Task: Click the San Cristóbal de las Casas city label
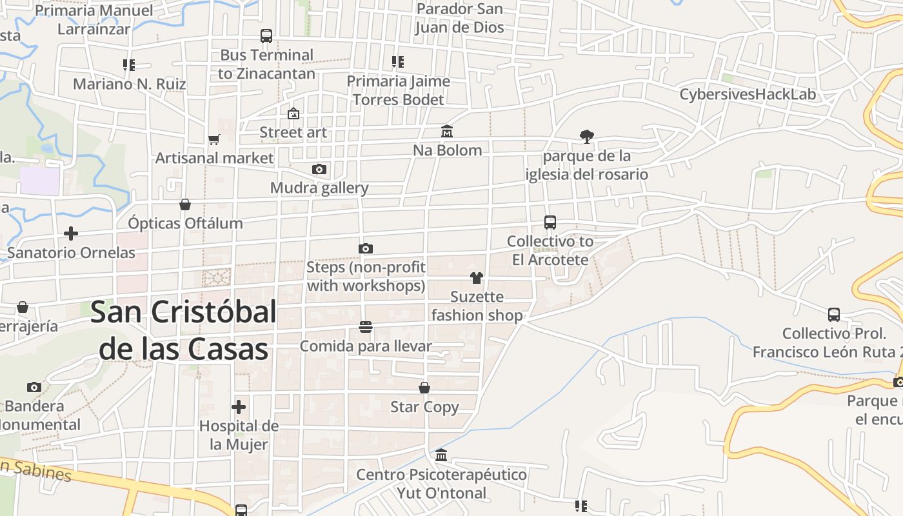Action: tap(184, 330)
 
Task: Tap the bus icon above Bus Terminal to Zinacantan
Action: tap(266, 36)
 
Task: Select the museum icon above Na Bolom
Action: tap(446, 132)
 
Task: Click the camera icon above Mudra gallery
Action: tap(319, 170)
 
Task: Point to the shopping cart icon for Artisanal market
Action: tap(214, 139)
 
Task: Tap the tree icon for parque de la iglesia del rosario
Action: tap(586, 137)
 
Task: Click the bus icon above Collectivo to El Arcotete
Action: tap(550, 223)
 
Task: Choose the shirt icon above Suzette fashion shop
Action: tap(477, 278)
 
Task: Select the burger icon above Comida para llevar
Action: tap(366, 328)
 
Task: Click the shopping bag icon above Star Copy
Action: tap(424, 388)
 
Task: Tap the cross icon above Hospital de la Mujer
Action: tap(239, 407)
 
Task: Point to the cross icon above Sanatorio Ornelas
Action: tap(71, 233)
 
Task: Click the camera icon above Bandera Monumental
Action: tap(34, 388)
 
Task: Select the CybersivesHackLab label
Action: tap(748, 94)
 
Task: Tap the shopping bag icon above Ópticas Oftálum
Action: tap(185, 204)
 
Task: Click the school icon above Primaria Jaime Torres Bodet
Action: tap(398, 63)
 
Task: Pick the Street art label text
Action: tap(293, 132)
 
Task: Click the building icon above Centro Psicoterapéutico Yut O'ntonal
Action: tap(441, 455)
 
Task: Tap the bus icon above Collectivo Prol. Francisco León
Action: tap(834, 315)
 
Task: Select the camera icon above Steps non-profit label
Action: tap(366, 248)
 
